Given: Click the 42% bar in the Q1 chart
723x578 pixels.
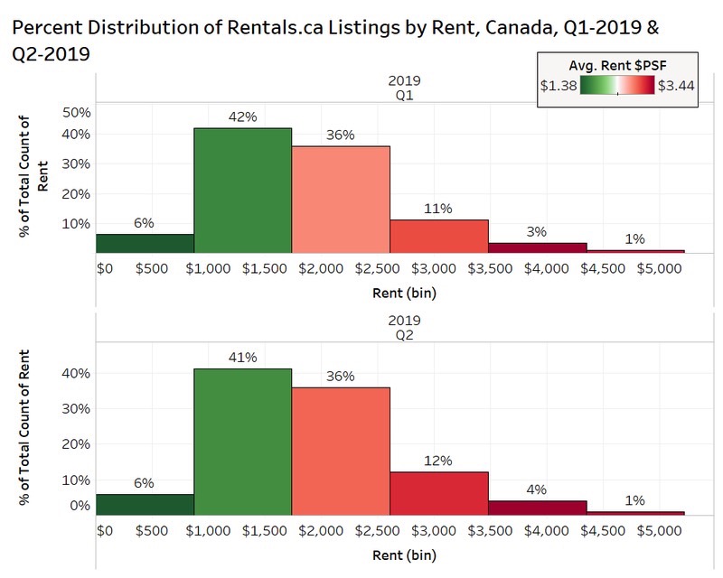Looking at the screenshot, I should click(242, 190).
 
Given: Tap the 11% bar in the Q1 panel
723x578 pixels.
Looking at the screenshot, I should click(438, 236).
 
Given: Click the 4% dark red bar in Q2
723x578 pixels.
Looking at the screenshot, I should click(537, 507).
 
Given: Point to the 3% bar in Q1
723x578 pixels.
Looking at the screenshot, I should click(537, 247).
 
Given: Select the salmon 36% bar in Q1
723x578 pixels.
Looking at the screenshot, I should click(340, 199).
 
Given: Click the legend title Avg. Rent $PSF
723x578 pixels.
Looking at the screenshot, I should click(616, 64).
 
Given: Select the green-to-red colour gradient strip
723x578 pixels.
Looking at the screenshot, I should click(616, 86).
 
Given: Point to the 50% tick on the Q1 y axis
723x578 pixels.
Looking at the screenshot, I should click(76, 113).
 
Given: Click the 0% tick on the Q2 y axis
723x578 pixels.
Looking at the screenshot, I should click(80, 506).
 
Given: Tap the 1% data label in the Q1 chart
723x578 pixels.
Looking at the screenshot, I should click(635, 238).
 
